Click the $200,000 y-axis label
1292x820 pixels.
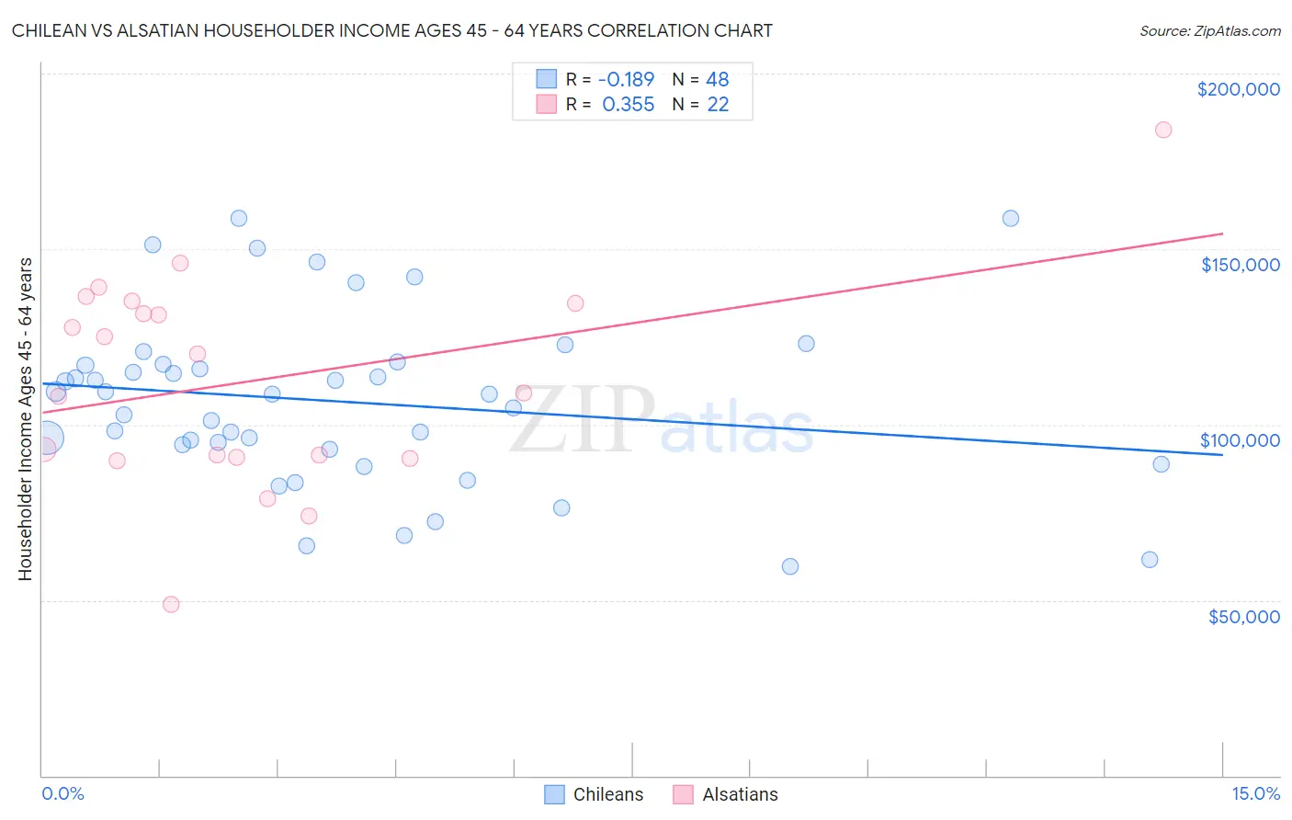[1238, 89]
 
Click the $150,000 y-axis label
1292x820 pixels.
[1240, 265]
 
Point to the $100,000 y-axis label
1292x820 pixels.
[1240, 440]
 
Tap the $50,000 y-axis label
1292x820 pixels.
[1243, 616]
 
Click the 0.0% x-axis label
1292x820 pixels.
[62, 793]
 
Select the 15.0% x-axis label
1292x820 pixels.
[1255, 793]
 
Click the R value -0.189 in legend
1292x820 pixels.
[626, 79]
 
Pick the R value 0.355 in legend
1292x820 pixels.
[629, 105]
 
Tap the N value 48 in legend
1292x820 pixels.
[717, 79]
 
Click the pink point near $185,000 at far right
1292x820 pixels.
[1163, 130]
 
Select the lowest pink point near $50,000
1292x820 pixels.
[171, 604]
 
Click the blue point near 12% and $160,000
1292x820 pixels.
[1011, 218]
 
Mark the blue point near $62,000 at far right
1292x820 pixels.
[1150, 560]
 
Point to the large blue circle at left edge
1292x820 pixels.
[47, 438]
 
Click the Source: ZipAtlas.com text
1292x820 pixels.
[1209, 30]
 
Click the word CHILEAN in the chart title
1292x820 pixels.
[47, 30]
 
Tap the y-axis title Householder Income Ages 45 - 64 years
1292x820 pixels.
[26, 418]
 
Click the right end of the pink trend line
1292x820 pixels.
[1222, 233]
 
